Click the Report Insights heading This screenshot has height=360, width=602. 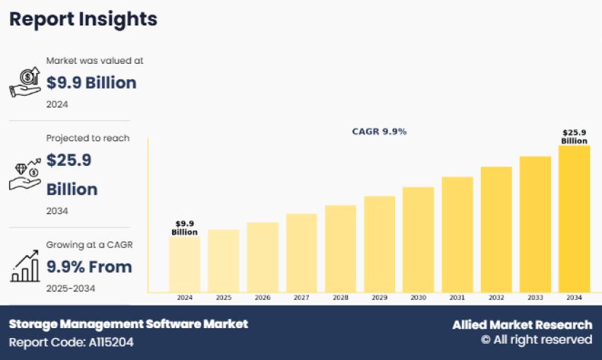(x=83, y=19)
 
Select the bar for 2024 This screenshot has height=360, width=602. (x=184, y=264)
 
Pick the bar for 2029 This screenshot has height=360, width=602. (x=380, y=244)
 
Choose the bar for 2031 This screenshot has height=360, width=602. (x=458, y=234)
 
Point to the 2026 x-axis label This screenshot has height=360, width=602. (x=263, y=298)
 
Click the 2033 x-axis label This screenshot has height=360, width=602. (x=535, y=298)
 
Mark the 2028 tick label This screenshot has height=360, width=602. (x=341, y=298)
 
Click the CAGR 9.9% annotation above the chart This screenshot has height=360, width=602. (x=380, y=132)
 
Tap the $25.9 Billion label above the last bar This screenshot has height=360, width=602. (x=574, y=137)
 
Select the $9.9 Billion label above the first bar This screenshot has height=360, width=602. (x=184, y=227)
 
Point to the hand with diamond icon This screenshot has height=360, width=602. (x=25, y=174)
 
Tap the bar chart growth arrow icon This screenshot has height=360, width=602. (x=25, y=266)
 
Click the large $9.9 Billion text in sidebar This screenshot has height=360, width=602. (x=91, y=83)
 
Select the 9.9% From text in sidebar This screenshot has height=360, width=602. (x=89, y=267)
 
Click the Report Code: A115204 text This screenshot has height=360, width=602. (x=71, y=342)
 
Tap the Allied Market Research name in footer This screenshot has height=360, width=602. (x=522, y=325)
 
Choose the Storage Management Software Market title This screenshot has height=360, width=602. (x=128, y=324)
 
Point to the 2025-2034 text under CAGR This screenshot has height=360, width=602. (x=71, y=288)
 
